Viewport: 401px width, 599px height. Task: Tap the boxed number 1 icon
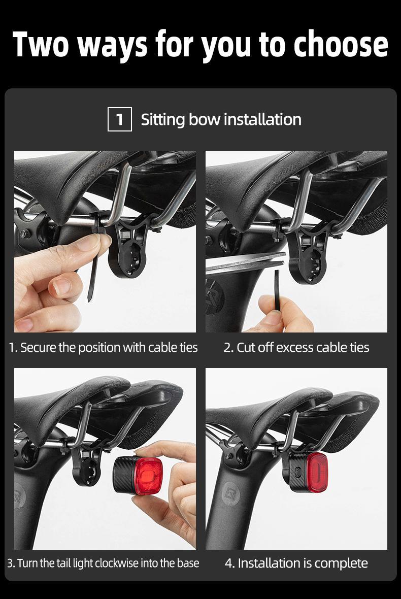[x=120, y=119]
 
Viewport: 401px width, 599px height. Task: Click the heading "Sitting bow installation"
[x=221, y=119]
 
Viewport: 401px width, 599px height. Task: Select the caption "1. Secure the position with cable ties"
[x=103, y=348]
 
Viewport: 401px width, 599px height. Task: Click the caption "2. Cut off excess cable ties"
[x=296, y=348]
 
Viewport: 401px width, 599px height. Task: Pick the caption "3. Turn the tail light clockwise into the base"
[x=103, y=563]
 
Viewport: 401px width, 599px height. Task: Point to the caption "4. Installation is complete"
[x=296, y=563]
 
